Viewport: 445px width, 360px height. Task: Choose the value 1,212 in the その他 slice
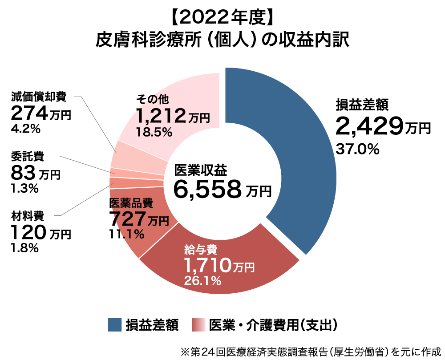coord(161,116)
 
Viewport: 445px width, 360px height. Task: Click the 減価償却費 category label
coord(39,96)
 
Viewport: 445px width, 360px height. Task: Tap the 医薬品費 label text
coord(131,203)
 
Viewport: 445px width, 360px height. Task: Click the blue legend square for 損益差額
coord(115,325)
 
